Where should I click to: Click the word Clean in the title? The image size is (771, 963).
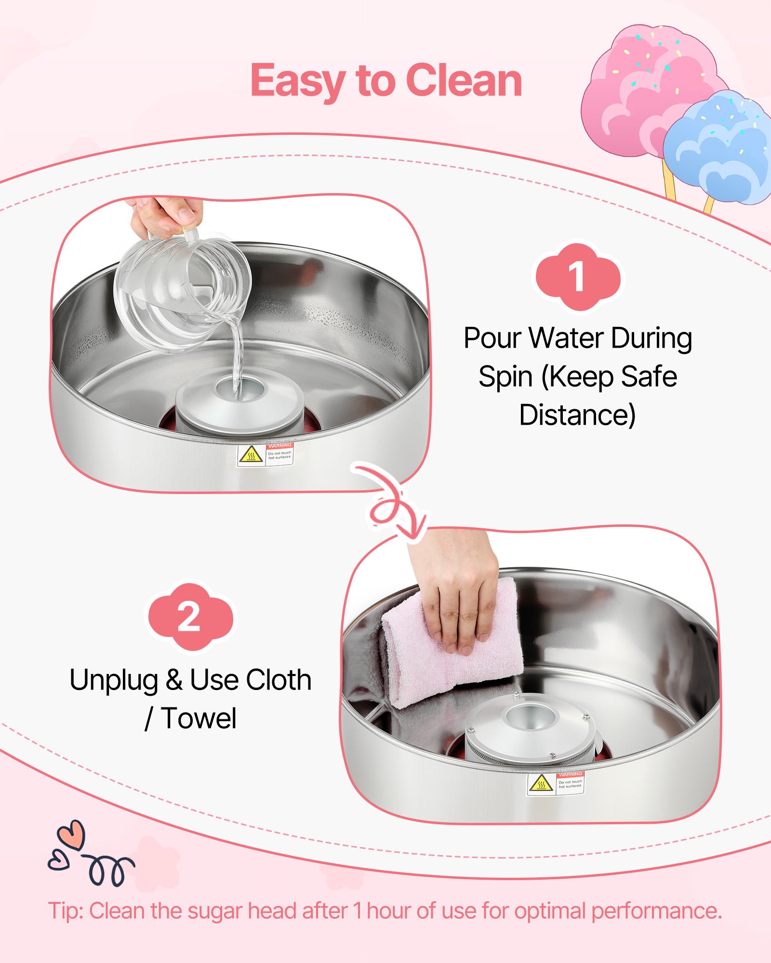pyautogui.click(x=464, y=80)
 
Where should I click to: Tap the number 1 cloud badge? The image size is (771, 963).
pyautogui.click(x=577, y=277)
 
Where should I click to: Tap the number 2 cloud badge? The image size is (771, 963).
pyautogui.click(x=189, y=617)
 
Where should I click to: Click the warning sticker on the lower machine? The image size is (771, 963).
pyautogui.click(x=555, y=784)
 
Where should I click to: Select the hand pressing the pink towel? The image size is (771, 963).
pyautogui.click(x=458, y=592)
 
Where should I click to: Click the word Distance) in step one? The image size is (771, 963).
pyautogui.click(x=577, y=415)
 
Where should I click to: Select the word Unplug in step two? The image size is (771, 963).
pyautogui.click(x=114, y=680)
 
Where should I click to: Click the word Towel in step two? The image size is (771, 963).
pyautogui.click(x=199, y=718)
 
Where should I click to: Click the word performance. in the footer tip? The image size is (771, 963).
pyautogui.click(x=656, y=911)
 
